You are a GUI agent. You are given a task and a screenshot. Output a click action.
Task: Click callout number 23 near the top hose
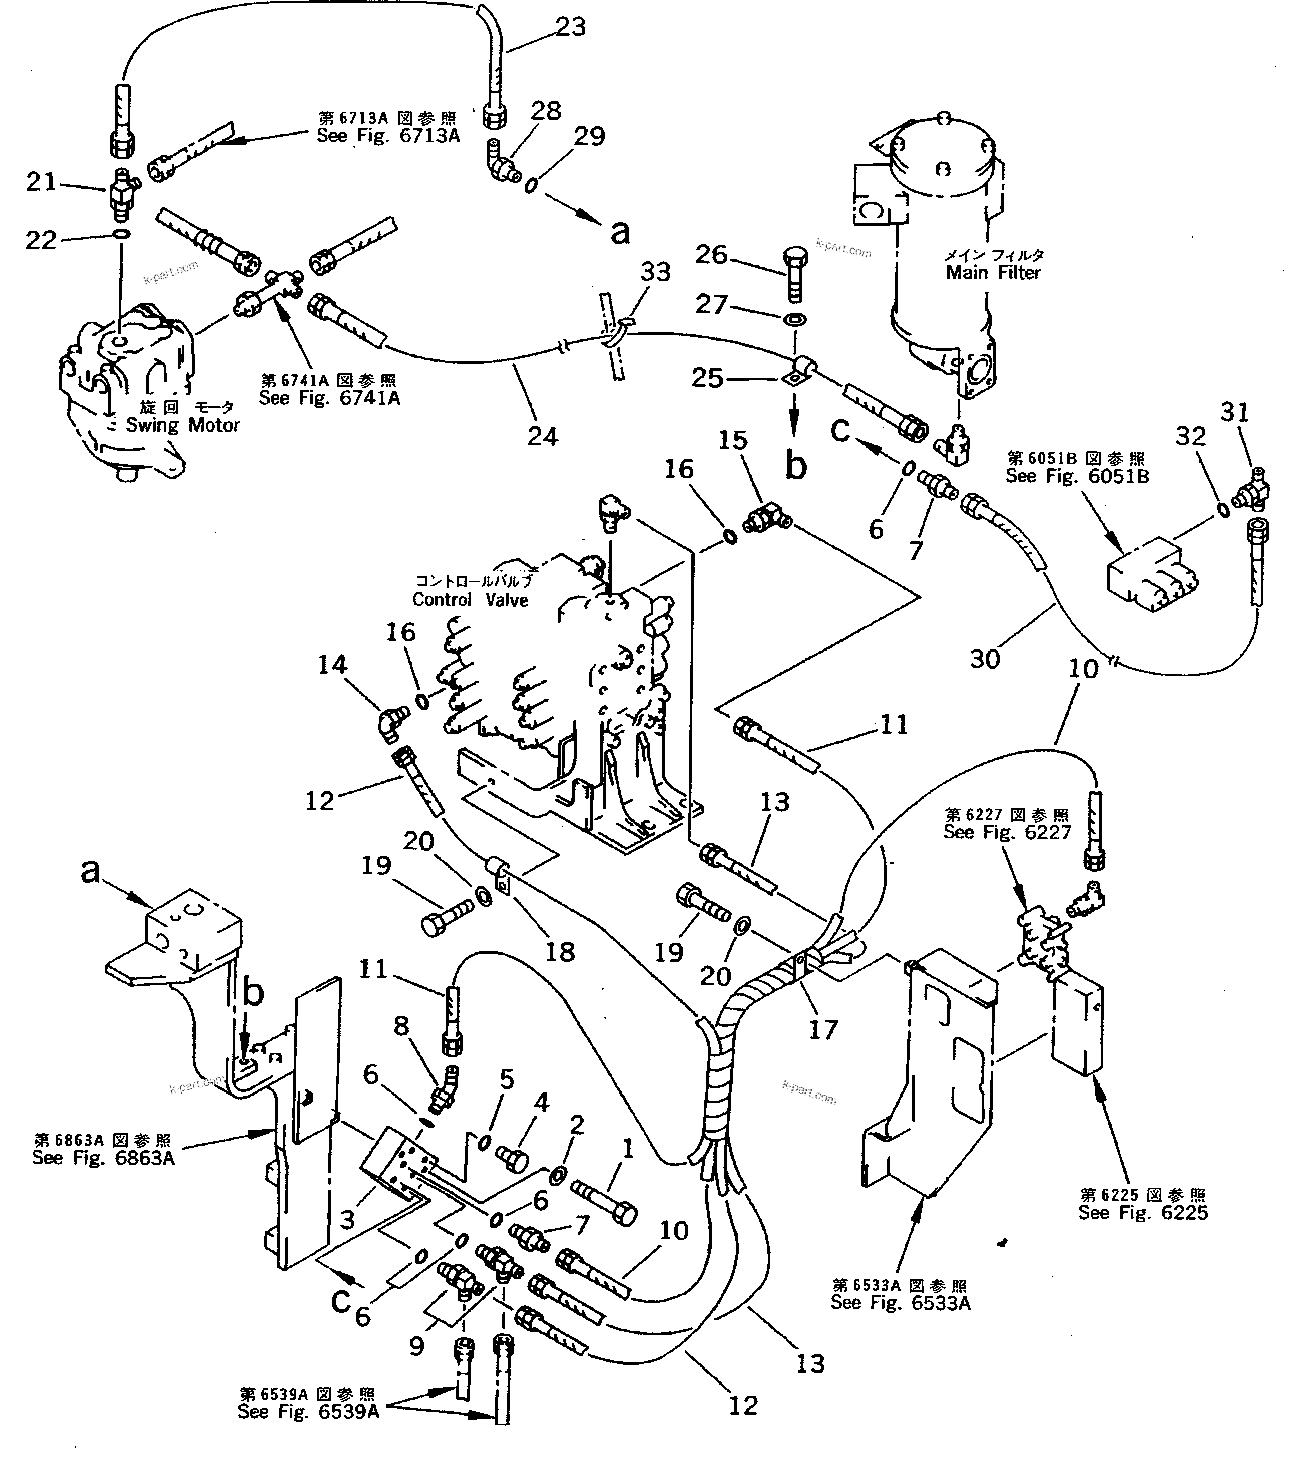pyautogui.click(x=570, y=27)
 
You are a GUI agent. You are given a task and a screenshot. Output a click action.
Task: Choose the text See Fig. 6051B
pyautogui.click(x=1077, y=476)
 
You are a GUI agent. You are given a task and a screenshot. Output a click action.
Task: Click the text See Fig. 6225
pyautogui.click(x=1143, y=1213)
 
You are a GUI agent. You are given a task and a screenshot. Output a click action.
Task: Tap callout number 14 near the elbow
pyautogui.click(x=332, y=665)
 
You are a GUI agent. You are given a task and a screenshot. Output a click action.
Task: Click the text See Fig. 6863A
pyautogui.click(x=103, y=1158)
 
